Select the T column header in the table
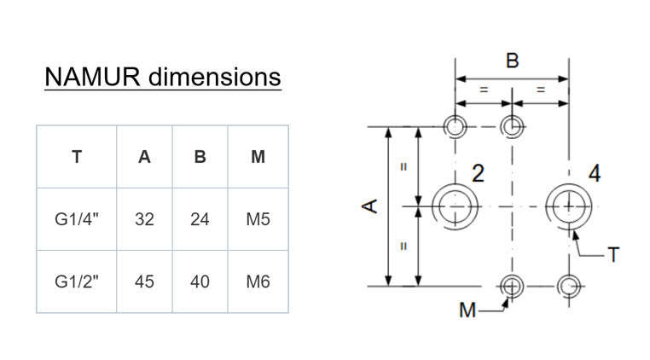tap(77, 157)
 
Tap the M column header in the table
tap(258, 157)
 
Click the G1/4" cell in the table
tap(77, 219)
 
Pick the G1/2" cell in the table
tap(77, 282)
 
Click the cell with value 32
tap(144, 219)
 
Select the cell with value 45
tap(144, 282)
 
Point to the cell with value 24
tap(200, 219)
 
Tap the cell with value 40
tap(200, 282)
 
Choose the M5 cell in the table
tap(258, 219)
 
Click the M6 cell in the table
tap(258, 282)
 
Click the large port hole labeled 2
tap(455, 205)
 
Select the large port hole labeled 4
tap(567, 205)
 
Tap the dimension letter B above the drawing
tap(512, 61)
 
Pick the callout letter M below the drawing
tap(467, 311)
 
